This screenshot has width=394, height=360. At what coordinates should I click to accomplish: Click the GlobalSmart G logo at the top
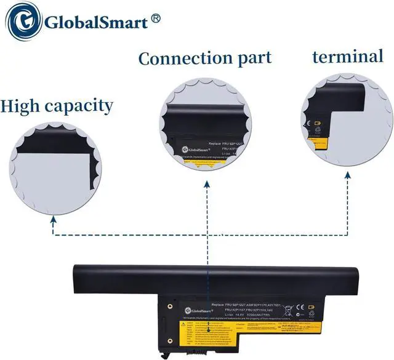click(23, 23)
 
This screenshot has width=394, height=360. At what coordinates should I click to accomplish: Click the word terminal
click(347, 57)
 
